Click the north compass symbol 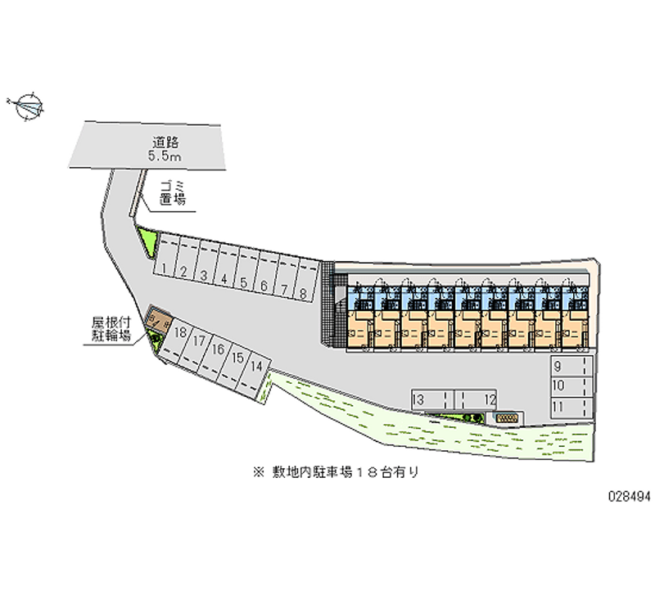28,106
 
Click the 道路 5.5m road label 165,149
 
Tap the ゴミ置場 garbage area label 173,193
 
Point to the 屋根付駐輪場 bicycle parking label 111,329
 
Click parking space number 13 432,399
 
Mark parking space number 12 476,399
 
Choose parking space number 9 571,366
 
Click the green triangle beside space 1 149,241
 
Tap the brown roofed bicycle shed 157,319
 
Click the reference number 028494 630,497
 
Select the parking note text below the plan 336,473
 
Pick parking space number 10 571,387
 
